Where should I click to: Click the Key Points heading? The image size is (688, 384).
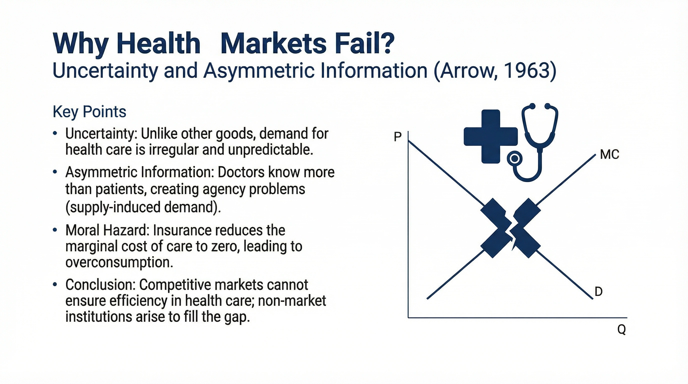pos(89,111)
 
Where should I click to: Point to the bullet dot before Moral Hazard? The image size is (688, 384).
pos(55,230)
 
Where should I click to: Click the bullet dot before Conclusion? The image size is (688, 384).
pos(55,285)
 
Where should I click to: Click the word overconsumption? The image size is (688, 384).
pos(119,262)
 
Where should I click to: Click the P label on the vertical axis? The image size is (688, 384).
pos(397,137)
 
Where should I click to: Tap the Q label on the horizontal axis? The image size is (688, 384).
pos(621,329)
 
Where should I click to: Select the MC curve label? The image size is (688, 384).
pos(609,154)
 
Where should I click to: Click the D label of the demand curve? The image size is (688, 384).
pos(598,291)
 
